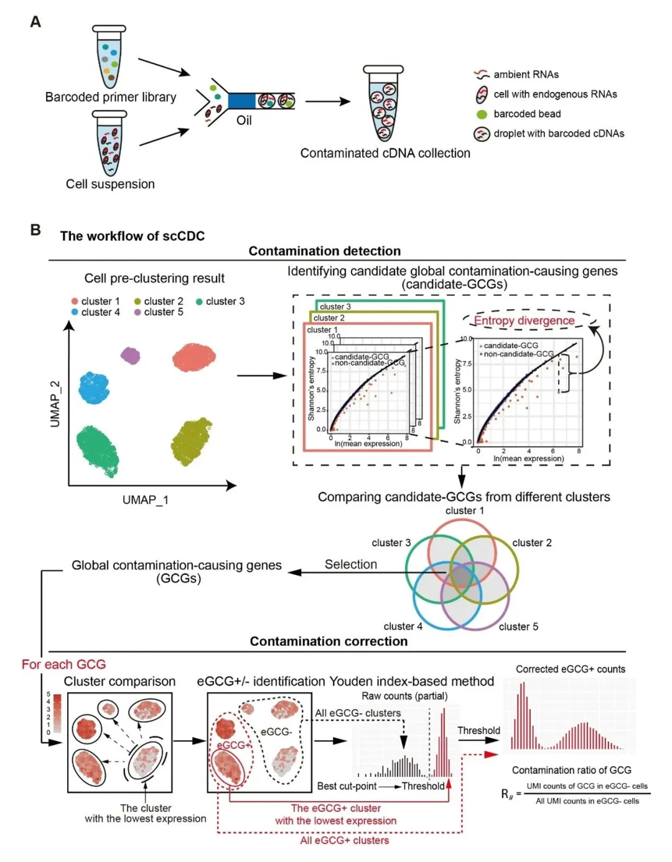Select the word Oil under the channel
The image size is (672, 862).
coord(244,120)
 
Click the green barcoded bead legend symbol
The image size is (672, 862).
coord(482,114)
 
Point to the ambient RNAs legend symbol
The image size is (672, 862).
coord(482,75)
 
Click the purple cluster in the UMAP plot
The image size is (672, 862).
coord(131,356)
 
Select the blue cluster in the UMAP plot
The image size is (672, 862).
coord(94,387)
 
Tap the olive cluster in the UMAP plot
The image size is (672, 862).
coord(191,442)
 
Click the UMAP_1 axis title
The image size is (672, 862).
coord(146,500)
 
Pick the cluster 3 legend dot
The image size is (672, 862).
coord(199,302)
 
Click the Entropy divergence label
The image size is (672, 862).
coord(524,321)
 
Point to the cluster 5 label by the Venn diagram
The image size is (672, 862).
coord(518,627)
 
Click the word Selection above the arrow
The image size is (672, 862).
coord(351,564)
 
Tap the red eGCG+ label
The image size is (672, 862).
coord(233,745)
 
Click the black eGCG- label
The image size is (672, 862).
coord(276,732)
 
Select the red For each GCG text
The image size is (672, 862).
coord(63,664)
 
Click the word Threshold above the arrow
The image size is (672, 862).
coord(478,731)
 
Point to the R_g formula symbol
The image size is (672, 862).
coord(508,794)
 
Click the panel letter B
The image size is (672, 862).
coord(35,230)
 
